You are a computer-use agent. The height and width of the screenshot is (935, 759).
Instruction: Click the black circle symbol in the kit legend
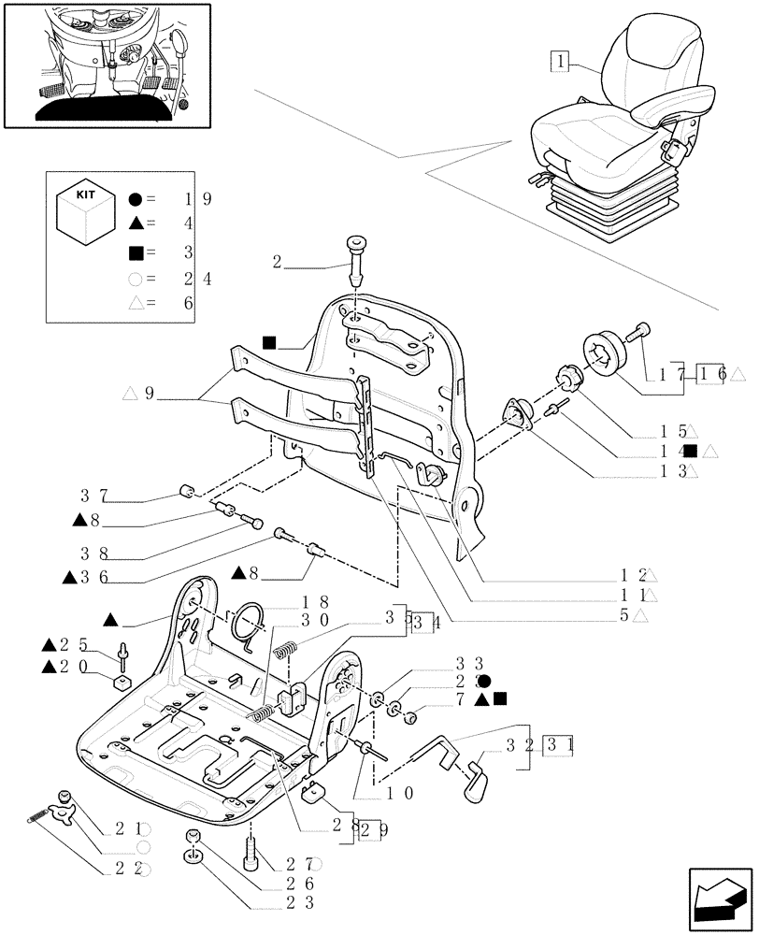(x=136, y=199)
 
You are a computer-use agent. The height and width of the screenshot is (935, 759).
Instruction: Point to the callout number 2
(x=277, y=263)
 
